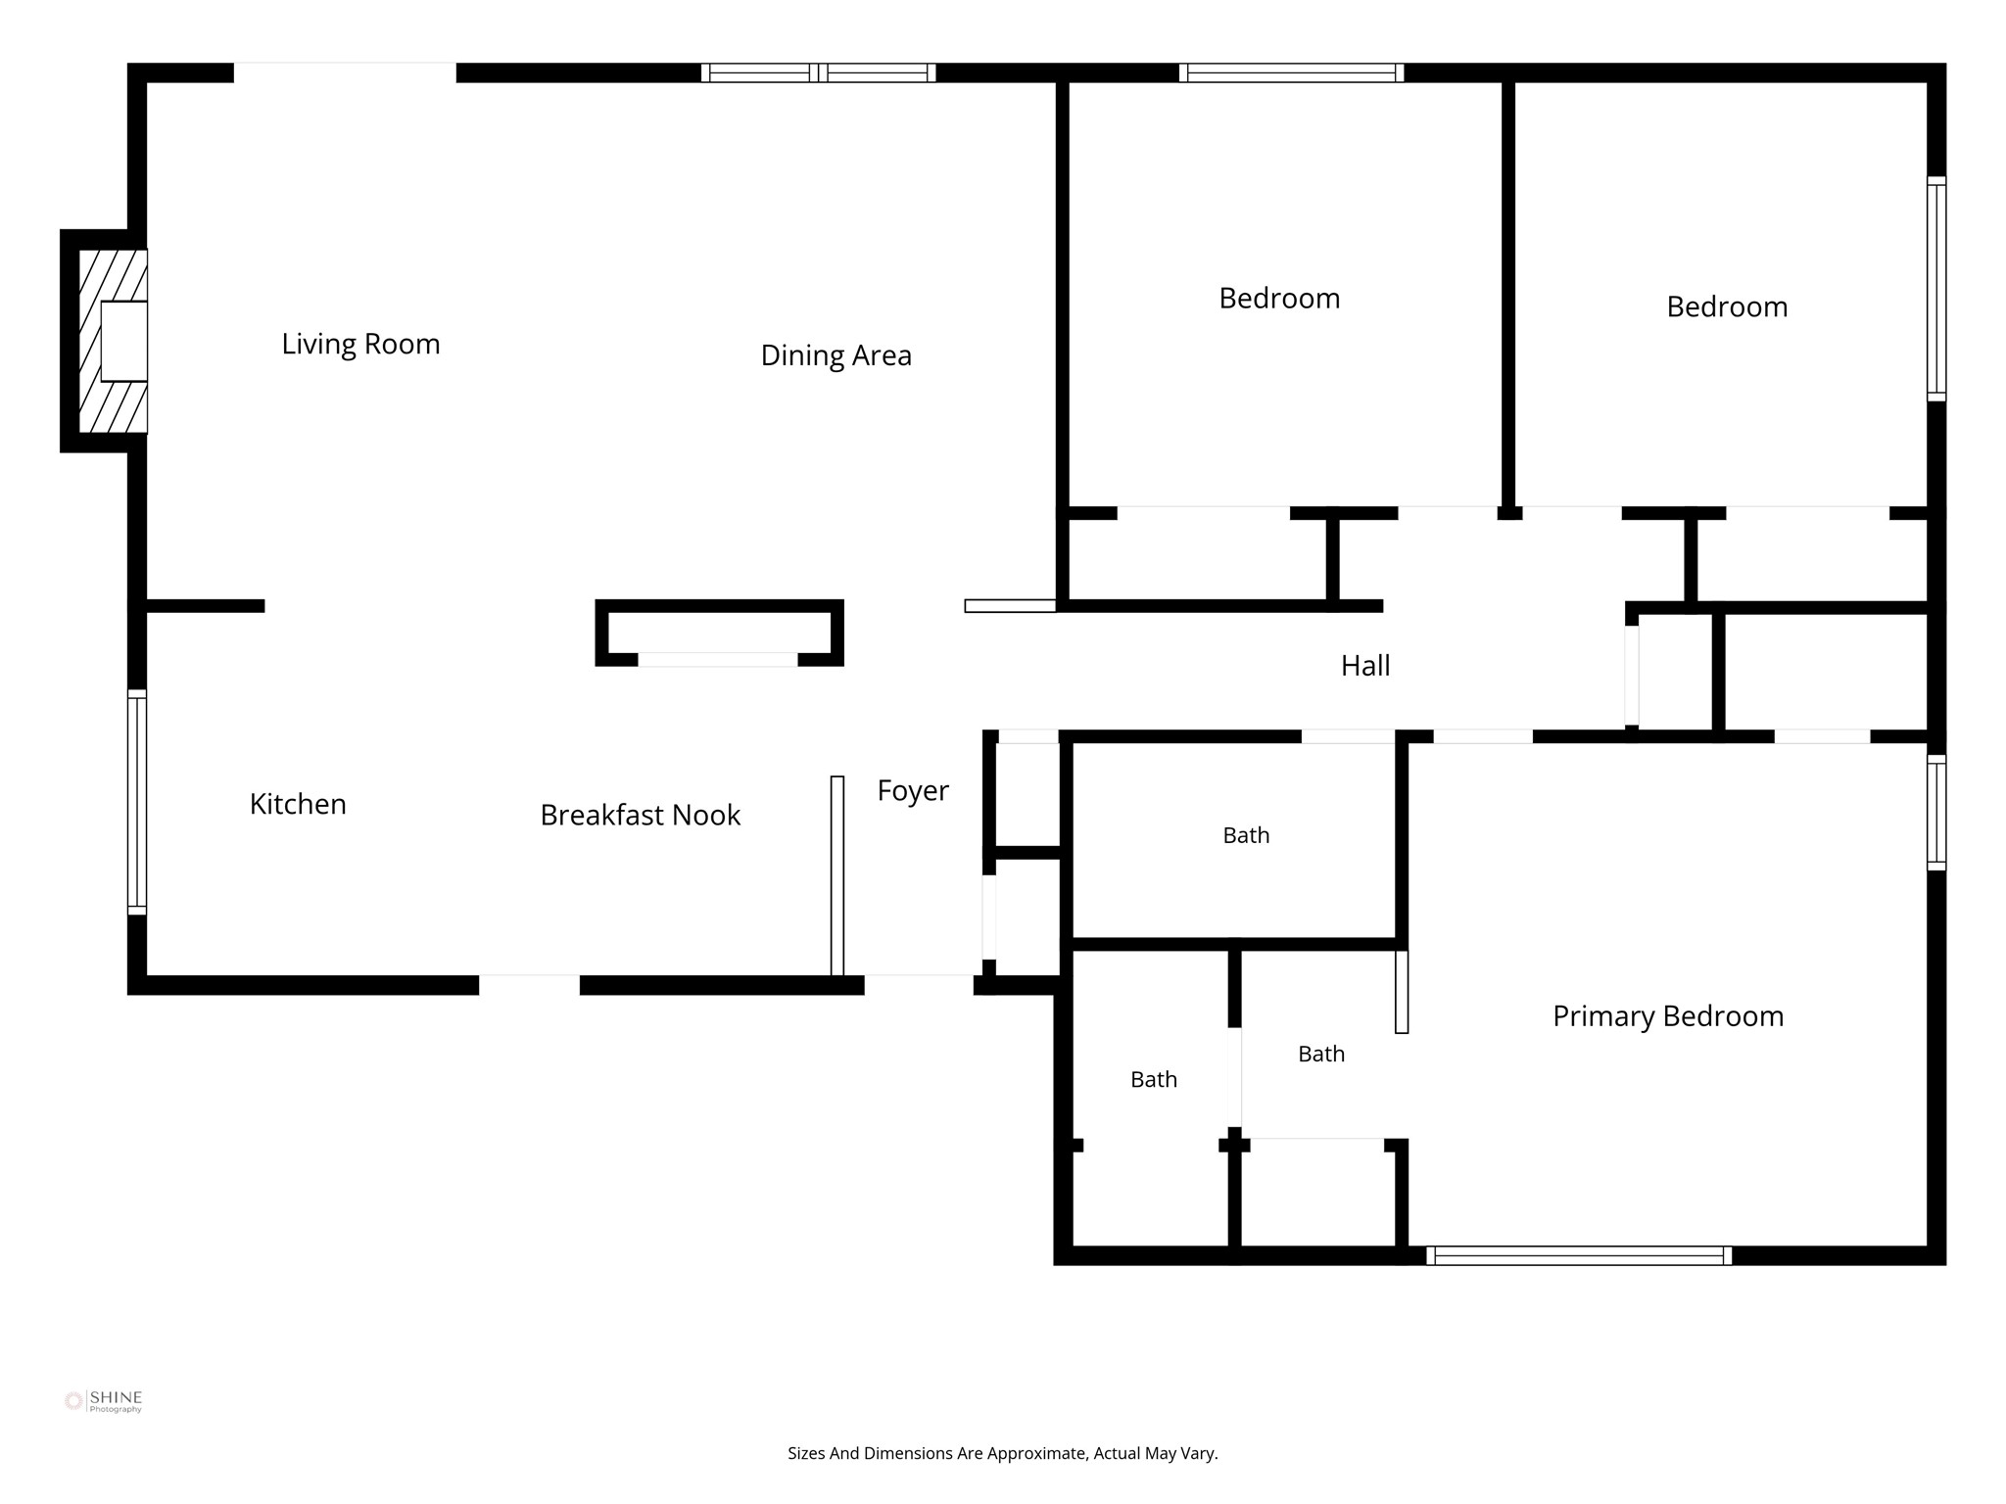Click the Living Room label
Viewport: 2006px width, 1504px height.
pyautogui.click(x=360, y=345)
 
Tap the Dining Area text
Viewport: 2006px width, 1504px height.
pyautogui.click(x=836, y=355)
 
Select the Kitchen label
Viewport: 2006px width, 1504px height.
pyautogui.click(x=298, y=804)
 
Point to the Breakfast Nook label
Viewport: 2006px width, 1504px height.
pyautogui.click(x=640, y=815)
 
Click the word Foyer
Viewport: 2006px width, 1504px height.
pyautogui.click(x=913, y=791)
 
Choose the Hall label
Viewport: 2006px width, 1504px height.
pyautogui.click(x=1365, y=666)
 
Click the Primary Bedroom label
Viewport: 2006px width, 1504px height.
pyautogui.click(x=1668, y=1016)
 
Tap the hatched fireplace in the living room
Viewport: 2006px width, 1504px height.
pyautogui.click(x=113, y=341)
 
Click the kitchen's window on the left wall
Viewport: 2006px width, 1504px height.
pyautogui.click(x=137, y=802)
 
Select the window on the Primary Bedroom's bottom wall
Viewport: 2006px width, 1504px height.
pyautogui.click(x=1579, y=1255)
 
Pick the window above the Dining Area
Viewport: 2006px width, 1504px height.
pyautogui.click(x=818, y=72)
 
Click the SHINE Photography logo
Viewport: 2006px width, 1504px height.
pyautogui.click(x=103, y=1401)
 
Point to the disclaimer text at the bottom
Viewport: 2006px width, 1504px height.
pyautogui.click(x=1002, y=1453)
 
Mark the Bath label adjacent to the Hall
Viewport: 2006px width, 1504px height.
pyautogui.click(x=1246, y=835)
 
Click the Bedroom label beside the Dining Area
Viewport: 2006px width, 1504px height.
pyautogui.click(x=1279, y=299)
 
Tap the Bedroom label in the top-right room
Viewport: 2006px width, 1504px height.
pyautogui.click(x=1727, y=307)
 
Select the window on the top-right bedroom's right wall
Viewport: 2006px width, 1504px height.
pyautogui.click(x=1936, y=289)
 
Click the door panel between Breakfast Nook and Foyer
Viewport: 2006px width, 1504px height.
pyautogui.click(x=837, y=875)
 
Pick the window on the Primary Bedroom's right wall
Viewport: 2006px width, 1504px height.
pyautogui.click(x=1936, y=813)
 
